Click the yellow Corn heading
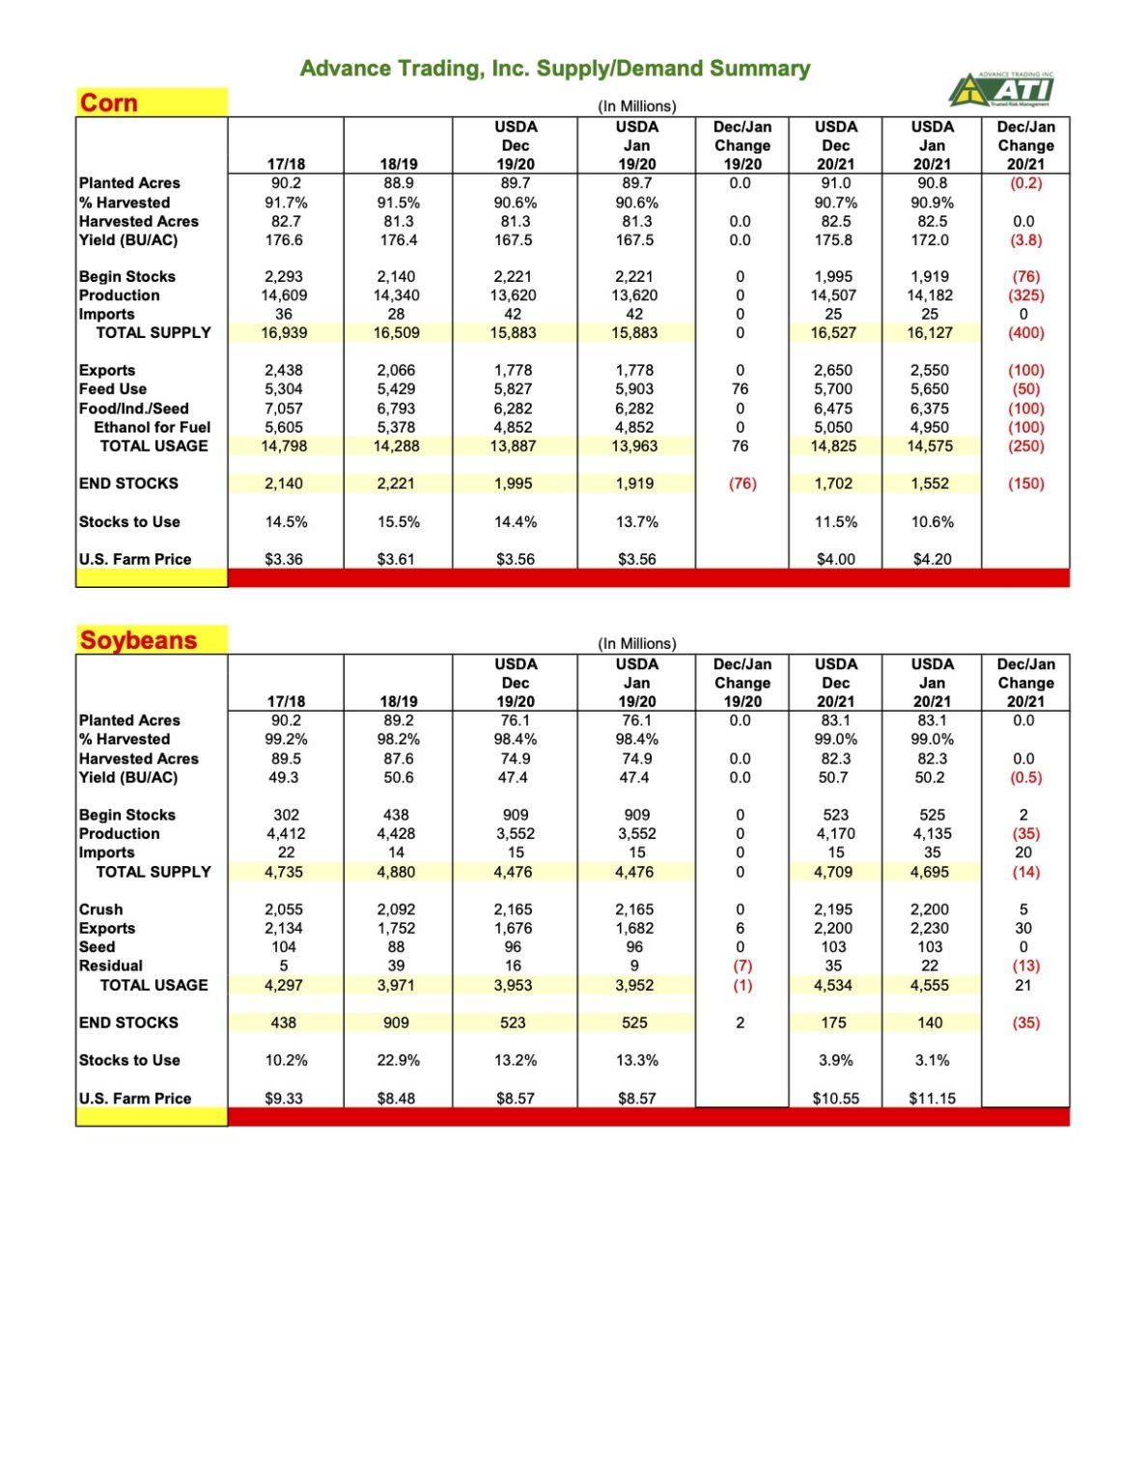[x=109, y=102]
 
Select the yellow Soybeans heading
[x=138, y=640]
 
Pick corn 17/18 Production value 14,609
[x=284, y=295]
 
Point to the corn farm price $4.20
[x=932, y=559]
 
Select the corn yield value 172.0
[x=932, y=239]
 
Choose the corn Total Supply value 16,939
[x=284, y=333]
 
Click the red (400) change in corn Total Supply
[x=1025, y=333]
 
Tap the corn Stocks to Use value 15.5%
[x=398, y=521]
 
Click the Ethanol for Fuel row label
[x=152, y=427]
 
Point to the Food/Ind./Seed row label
[x=134, y=408]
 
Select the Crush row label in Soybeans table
[x=101, y=909]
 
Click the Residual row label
[x=111, y=965]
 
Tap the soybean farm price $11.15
[x=932, y=1098]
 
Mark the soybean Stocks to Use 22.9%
[x=398, y=1060]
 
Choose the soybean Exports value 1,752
[x=396, y=928]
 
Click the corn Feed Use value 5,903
[x=636, y=389]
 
